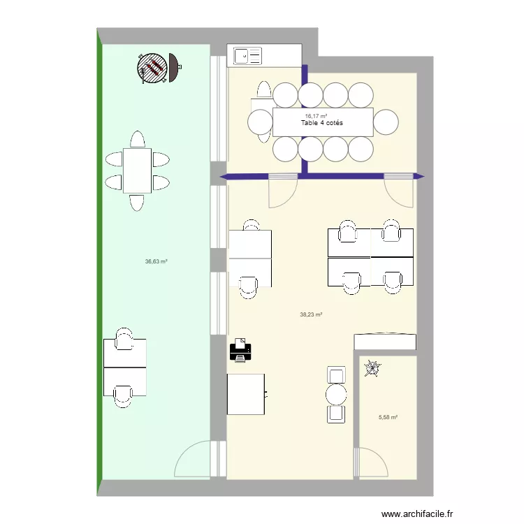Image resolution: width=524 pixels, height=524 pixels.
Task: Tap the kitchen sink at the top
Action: coord(247,56)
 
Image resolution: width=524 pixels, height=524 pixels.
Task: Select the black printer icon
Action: coord(240,350)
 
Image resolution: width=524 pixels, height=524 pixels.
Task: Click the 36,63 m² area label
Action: coord(156,261)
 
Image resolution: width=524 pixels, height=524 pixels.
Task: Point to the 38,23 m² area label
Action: coord(311,314)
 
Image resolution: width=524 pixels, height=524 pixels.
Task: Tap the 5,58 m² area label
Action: coord(388,417)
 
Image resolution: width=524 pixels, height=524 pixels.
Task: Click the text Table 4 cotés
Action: coord(322,123)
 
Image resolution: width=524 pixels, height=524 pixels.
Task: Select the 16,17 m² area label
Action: coord(316,116)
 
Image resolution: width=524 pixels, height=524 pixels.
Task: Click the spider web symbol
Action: coord(372,368)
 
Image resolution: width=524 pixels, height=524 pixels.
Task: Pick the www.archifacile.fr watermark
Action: coord(417,514)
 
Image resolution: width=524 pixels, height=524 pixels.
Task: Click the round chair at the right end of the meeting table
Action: coord(386,122)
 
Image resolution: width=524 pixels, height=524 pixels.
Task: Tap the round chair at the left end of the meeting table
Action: coord(261,122)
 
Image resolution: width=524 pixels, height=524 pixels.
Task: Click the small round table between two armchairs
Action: coord(336,395)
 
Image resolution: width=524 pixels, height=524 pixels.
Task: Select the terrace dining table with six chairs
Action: coord(138,170)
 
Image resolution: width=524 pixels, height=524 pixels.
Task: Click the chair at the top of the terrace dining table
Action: coord(138,139)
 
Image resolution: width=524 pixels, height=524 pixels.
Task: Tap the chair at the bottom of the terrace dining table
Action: coord(137,203)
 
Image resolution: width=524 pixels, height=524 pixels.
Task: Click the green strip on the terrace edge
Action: coord(99,262)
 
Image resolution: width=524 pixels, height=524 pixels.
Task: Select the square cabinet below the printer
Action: coord(246,394)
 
